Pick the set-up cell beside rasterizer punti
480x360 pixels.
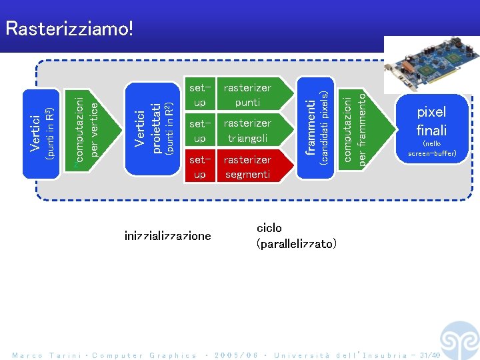(x=199, y=95)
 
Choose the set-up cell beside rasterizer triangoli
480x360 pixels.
(x=199, y=131)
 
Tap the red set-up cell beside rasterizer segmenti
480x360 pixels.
(x=199, y=167)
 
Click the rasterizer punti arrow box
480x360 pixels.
(x=247, y=95)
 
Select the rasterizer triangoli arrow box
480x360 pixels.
(x=247, y=131)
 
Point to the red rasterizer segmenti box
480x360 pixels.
(x=247, y=167)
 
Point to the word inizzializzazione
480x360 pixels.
(x=167, y=235)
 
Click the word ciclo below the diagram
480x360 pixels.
(x=269, y=228)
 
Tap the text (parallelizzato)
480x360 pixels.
(x=296, y=243)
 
